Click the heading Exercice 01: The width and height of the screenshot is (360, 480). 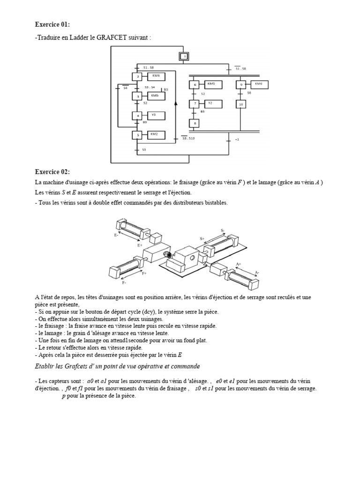(53, 24)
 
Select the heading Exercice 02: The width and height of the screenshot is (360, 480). (53, 172)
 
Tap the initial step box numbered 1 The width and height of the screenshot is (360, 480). (185, 57)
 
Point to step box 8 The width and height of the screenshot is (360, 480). (194, 123)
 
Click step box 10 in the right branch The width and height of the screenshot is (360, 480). (240, 104)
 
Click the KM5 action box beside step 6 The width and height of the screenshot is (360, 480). (212, 84)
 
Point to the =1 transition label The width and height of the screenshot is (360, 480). (237, 139)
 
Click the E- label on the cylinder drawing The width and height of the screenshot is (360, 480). (116, 235)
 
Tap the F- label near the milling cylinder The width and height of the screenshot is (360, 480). (124, 283)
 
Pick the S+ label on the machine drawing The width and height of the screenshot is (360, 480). (202, 239)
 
